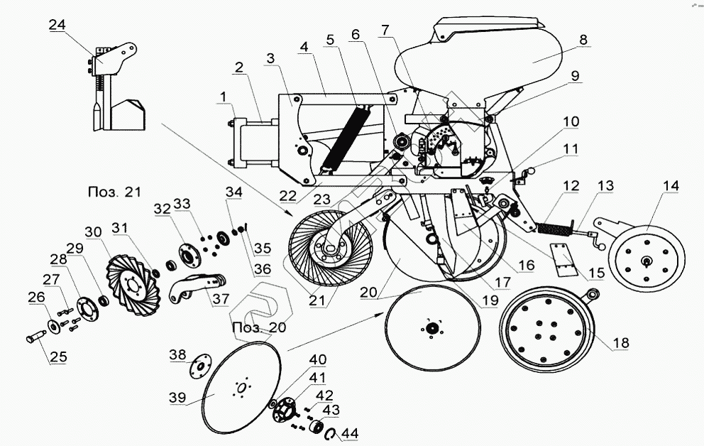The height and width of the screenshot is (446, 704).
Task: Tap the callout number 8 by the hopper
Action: pyautogui.click(x=583, y=40)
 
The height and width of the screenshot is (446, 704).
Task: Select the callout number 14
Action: pyautogui.click(x=671, y=186)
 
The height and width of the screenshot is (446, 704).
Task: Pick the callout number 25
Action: pyautogui.click(x=58, y=357)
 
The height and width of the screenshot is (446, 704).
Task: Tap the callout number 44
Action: pyautogui.click(x=350, y=433)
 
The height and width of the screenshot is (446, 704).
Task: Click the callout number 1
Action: pyautogui.click(x=224, y=95)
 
